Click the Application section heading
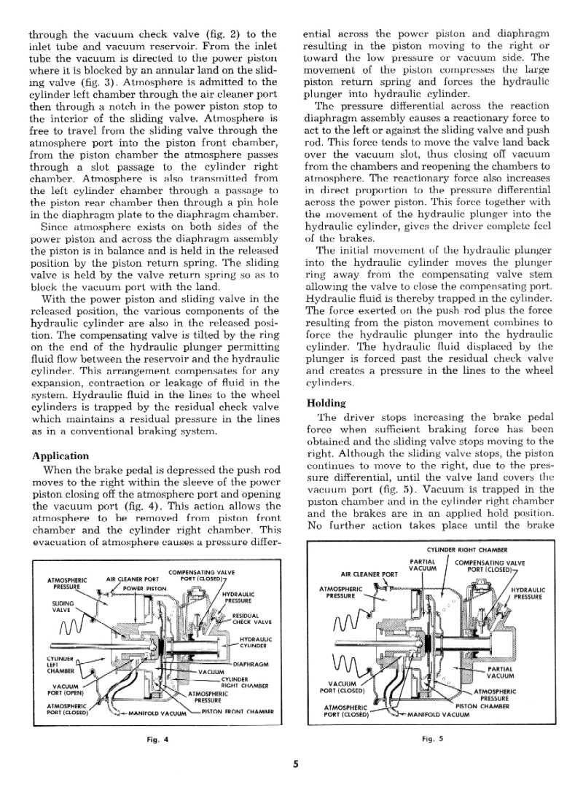[60, 456]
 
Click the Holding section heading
[328, 403]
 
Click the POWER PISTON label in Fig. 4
[145, 588]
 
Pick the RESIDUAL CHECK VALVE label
[251, 619]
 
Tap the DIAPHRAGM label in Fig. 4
[252, 664]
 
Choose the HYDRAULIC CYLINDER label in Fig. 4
[255, 642]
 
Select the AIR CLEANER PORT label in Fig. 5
[369, 573]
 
